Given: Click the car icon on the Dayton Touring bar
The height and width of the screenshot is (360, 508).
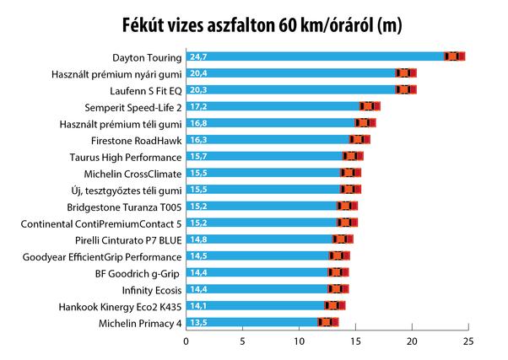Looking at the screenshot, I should [455, 56].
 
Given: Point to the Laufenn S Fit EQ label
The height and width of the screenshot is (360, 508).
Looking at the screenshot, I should [145, 90].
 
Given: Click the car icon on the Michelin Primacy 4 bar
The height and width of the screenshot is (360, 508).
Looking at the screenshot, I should [327, 322].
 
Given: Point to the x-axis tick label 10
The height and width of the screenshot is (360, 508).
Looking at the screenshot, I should [299, 342].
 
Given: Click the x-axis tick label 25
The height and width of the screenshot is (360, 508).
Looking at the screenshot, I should [468, 342].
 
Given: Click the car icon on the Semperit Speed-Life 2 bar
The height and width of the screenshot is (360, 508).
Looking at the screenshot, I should [370, 106].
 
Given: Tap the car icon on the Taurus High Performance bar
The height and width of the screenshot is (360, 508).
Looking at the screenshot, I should [353, 156].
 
